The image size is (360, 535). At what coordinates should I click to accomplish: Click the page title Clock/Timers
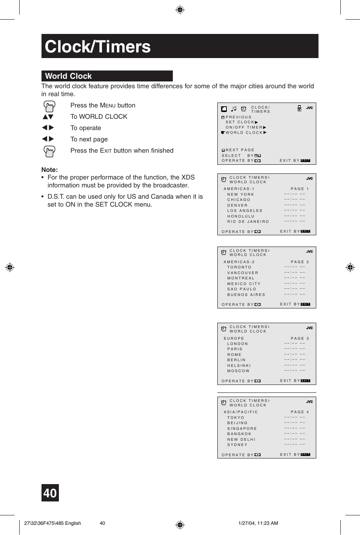point(98,47)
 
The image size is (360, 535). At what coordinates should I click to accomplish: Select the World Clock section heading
point(69,76)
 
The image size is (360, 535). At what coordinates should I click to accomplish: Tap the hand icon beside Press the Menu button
point(49,106)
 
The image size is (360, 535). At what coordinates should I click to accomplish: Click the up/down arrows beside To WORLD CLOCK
point(48,117)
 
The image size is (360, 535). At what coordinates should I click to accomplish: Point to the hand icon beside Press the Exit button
point(49,152)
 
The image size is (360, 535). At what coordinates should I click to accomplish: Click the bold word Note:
point(49,170)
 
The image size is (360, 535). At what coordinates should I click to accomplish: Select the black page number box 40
point(50,493)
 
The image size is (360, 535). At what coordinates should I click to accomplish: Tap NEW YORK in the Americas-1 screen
point(240,195)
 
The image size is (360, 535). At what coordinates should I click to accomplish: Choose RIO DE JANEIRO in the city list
point(248,222)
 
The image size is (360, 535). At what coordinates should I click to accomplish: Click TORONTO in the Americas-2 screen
point(239,267)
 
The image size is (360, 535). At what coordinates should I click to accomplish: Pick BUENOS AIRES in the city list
point(246,295)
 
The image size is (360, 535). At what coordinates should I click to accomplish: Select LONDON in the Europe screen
point(237,344)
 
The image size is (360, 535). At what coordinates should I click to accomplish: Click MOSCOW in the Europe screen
point(238,371)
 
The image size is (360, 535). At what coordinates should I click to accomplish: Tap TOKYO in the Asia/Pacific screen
point(235,418)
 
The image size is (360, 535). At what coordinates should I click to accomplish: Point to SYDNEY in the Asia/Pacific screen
point(237,445)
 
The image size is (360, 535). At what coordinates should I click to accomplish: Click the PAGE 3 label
point(300,339)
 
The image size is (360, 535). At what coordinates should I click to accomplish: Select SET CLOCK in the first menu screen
point(240,122)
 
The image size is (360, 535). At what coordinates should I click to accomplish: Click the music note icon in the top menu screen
point(234,109)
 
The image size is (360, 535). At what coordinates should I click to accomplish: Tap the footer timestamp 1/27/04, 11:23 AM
point(258,523)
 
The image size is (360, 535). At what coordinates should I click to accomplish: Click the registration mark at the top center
point(180,10)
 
